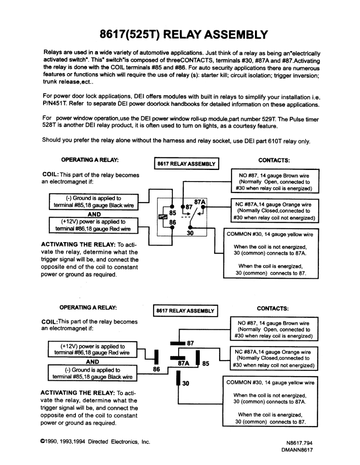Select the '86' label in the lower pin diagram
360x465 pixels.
coord(157,370)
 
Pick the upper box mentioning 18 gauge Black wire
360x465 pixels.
coord(93,202)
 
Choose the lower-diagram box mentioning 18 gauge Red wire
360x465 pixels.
coord(93,349)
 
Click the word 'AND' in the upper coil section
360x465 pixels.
coord(93,214)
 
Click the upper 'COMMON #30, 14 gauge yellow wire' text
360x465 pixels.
coord(271,234)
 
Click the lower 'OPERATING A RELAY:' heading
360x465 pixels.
coord(89,307)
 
